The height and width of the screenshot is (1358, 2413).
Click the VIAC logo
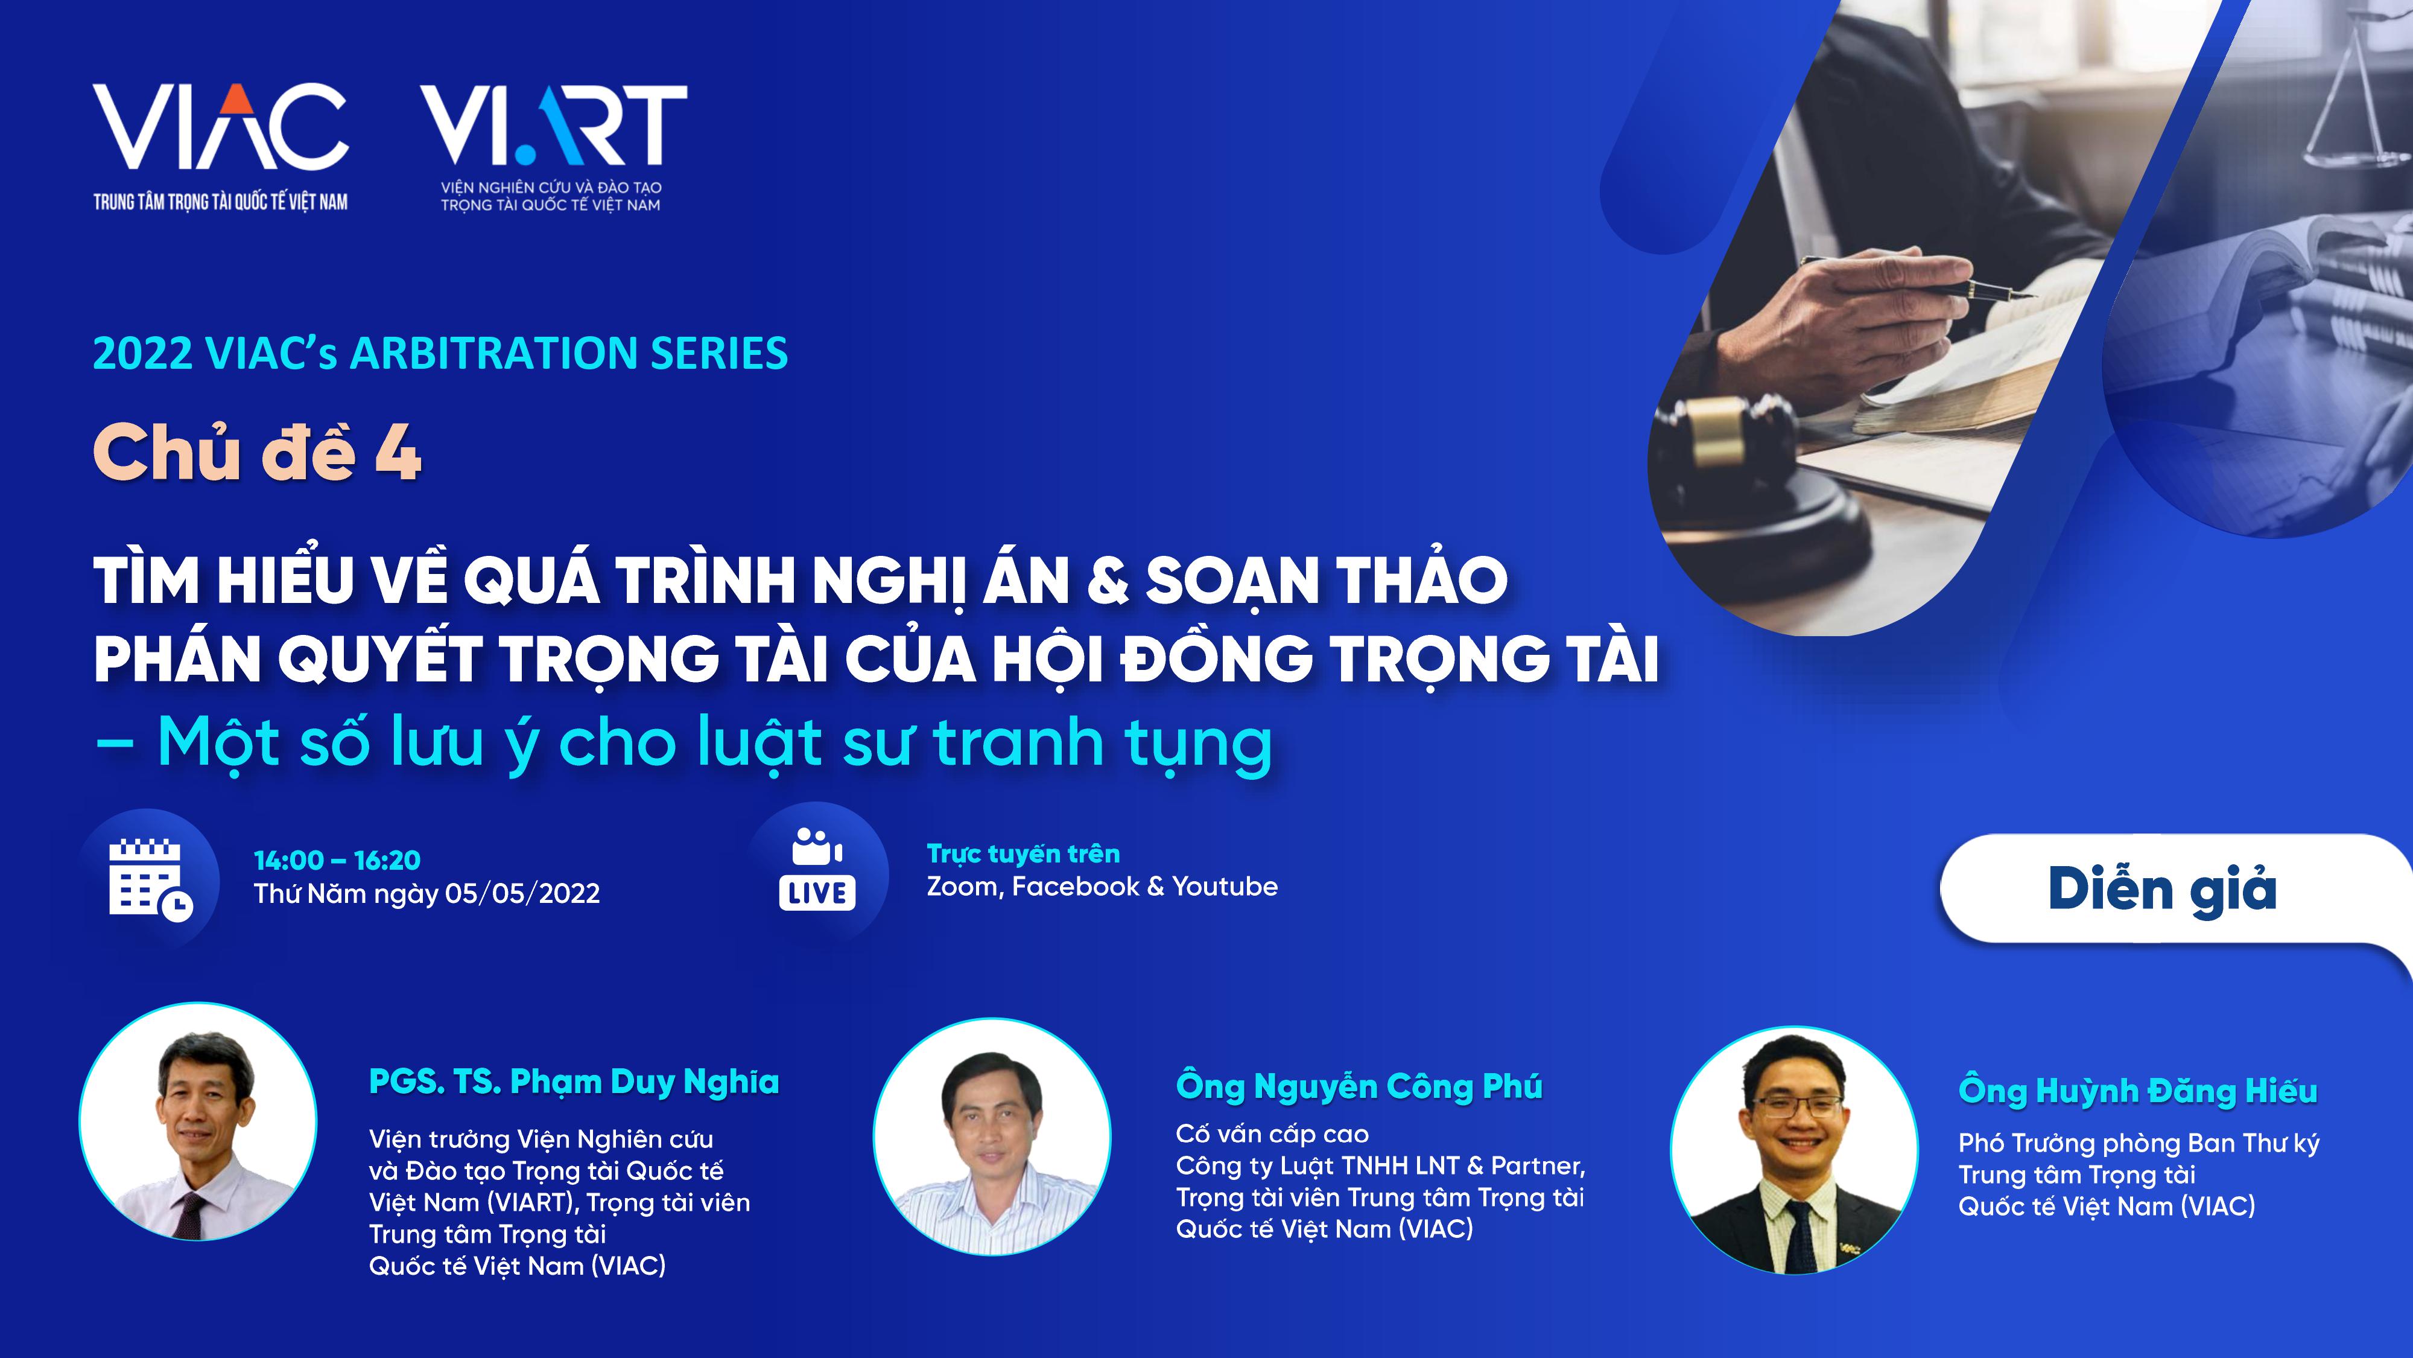click(x=220, y=146)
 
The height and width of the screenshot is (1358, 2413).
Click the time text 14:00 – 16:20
click(x=337, y=860)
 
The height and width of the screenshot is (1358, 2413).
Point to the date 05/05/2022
click(x=522, y=893)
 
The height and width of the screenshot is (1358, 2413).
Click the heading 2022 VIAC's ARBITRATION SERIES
click(x=440, y=353)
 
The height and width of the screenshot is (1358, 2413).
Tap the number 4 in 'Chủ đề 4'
click(x=398, y=454)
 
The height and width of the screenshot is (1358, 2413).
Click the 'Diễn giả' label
click(x=2162, y=888)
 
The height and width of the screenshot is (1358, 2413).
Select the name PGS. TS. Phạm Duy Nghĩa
click(x=573, y=1082)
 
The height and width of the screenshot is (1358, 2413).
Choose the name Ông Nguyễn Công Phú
click(x=1359, y=1086)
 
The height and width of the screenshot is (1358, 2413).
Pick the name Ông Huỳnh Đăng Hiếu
click(x=2137, y=1090)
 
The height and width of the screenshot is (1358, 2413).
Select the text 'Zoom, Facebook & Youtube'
click(x=1102, y=887)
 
